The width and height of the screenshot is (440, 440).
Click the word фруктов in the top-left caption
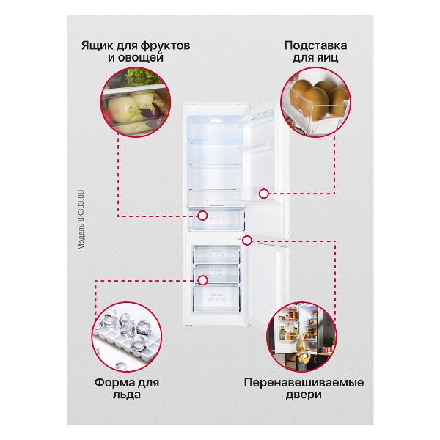point(165,45)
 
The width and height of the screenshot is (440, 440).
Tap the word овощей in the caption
point(140,58)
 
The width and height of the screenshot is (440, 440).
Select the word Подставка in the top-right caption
point(315,45)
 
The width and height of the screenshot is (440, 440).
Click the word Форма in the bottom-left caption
point(112,382)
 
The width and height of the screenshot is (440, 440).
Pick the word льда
point(127,395)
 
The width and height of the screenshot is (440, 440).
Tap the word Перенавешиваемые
point(304,382)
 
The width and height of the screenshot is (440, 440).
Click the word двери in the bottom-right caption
point(304,395)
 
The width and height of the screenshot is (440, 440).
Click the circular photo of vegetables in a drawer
point(136,102)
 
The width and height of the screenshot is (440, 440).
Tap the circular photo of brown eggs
point(315,102)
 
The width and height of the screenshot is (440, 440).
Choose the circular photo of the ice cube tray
point(127,337)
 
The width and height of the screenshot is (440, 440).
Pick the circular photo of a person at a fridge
point(301,337)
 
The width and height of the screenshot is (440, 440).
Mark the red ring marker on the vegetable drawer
point(202,216)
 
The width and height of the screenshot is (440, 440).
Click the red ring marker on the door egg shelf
point(263,194)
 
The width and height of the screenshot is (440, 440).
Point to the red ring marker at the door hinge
point(247,241)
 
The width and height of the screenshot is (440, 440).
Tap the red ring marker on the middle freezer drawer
point(202,280)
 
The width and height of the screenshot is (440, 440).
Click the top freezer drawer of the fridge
point(216,254)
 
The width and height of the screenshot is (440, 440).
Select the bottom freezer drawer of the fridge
point(216,299)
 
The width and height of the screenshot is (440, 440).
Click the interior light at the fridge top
point(216,121)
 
